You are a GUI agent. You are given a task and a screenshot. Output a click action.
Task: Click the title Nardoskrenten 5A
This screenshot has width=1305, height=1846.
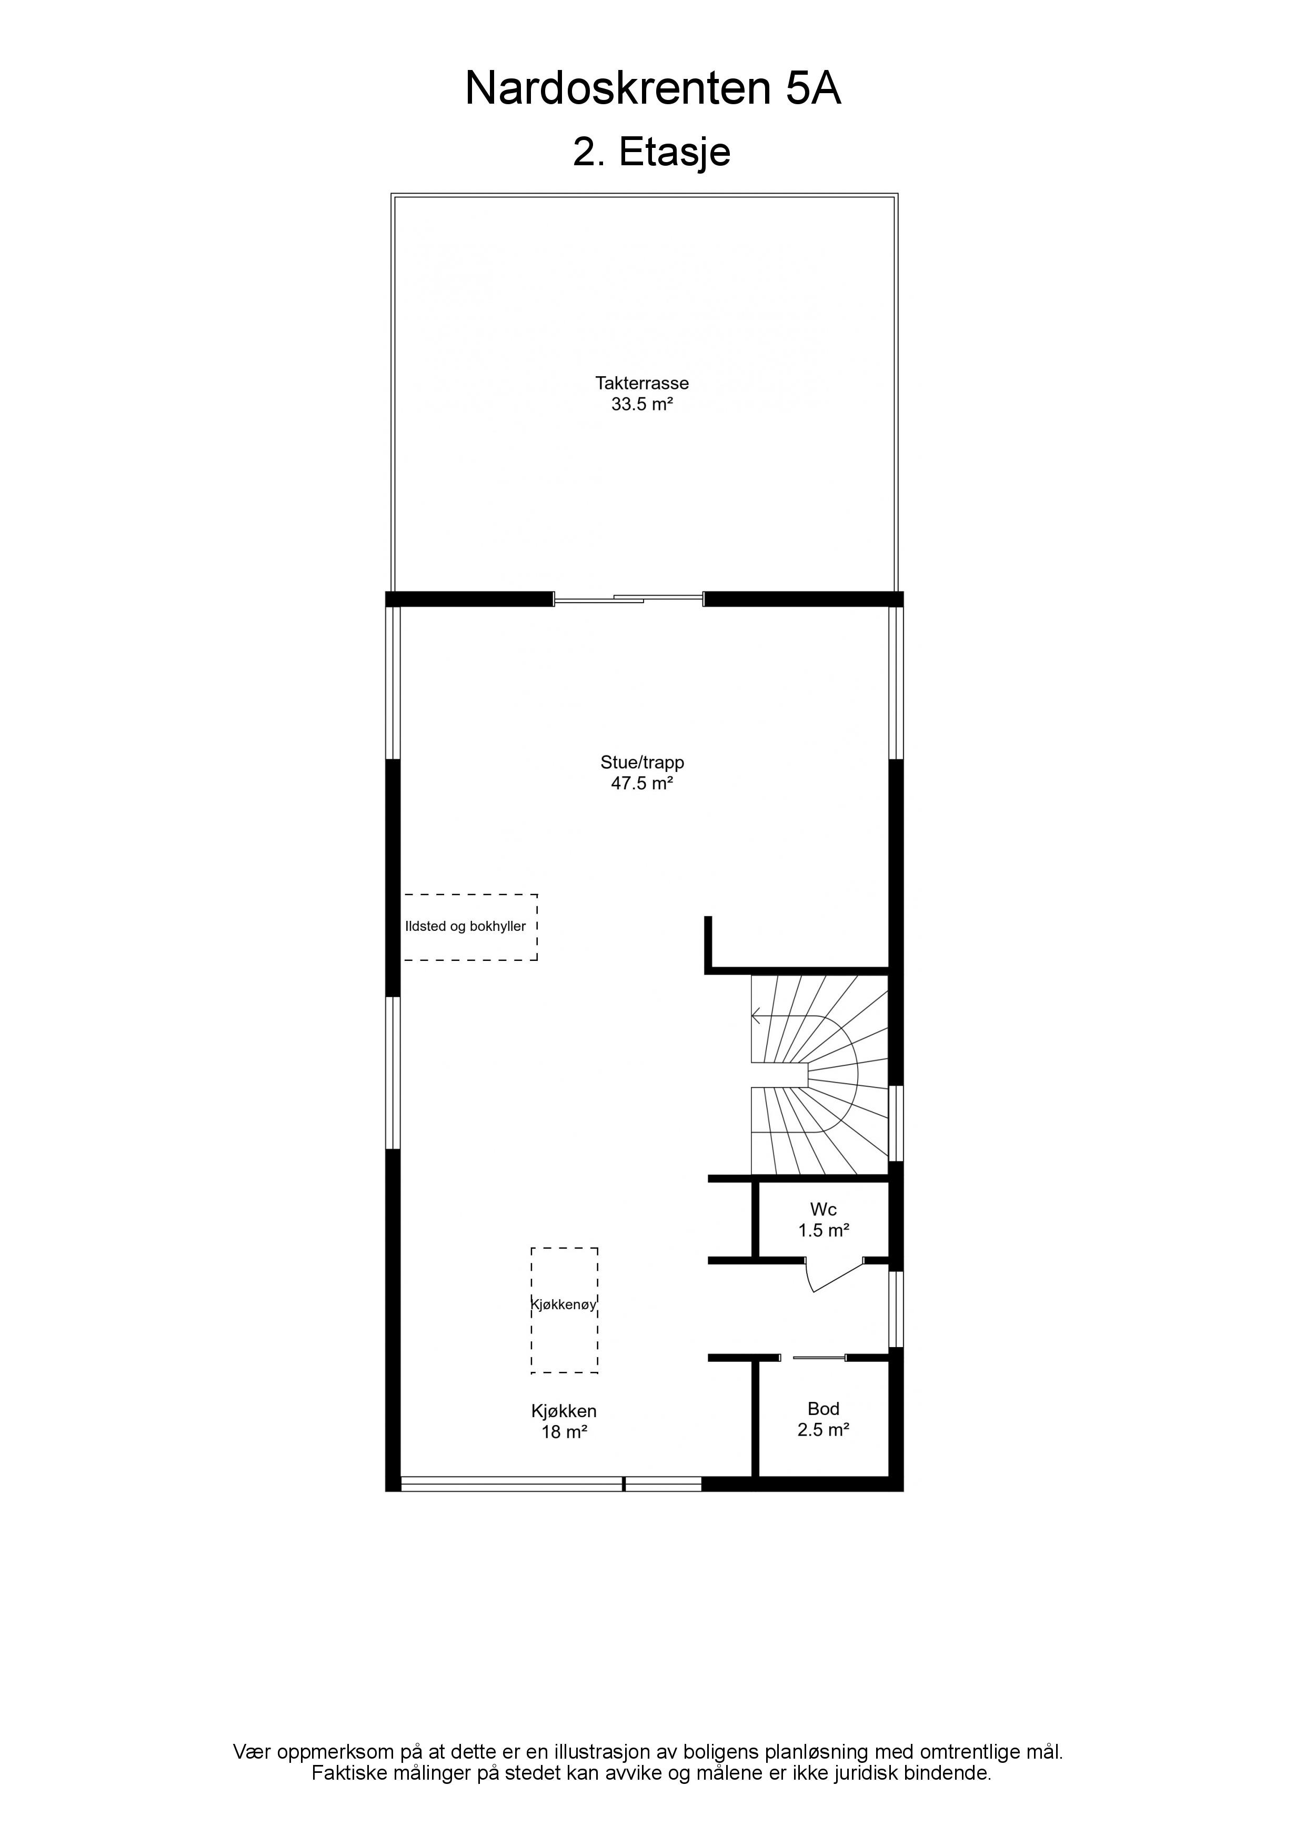[653, 88]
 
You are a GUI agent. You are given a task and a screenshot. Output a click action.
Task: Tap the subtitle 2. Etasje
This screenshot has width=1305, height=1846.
[651, 152]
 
